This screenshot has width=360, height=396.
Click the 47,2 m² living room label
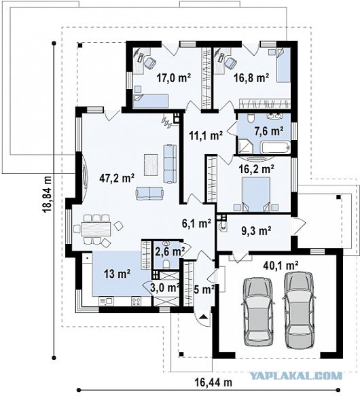(x=117, y=178)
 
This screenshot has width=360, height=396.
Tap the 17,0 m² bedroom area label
(x=174, y=78)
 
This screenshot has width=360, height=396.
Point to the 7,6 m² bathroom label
(x=269, y=131)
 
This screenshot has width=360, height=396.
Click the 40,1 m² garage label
(x=281, y=265)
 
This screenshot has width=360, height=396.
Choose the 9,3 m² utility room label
(x=257, y=231)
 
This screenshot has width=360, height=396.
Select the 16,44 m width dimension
(x=213, y=382)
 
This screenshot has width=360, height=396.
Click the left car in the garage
(x=258, y=312)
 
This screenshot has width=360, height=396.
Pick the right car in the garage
(x=299, y=310)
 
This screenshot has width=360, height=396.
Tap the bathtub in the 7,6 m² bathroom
(x=274, y=148)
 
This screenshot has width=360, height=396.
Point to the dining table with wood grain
(x=96, y=229)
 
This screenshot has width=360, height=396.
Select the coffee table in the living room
(x=151, y=164)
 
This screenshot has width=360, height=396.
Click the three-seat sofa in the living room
(x=170, y=164)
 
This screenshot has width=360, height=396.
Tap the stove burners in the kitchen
(x=137, y=301)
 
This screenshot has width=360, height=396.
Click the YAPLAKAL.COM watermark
(x=295, y=376)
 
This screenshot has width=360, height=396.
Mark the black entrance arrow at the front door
(x=203, y=317)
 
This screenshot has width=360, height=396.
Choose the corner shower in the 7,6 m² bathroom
(x=245, y=146)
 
